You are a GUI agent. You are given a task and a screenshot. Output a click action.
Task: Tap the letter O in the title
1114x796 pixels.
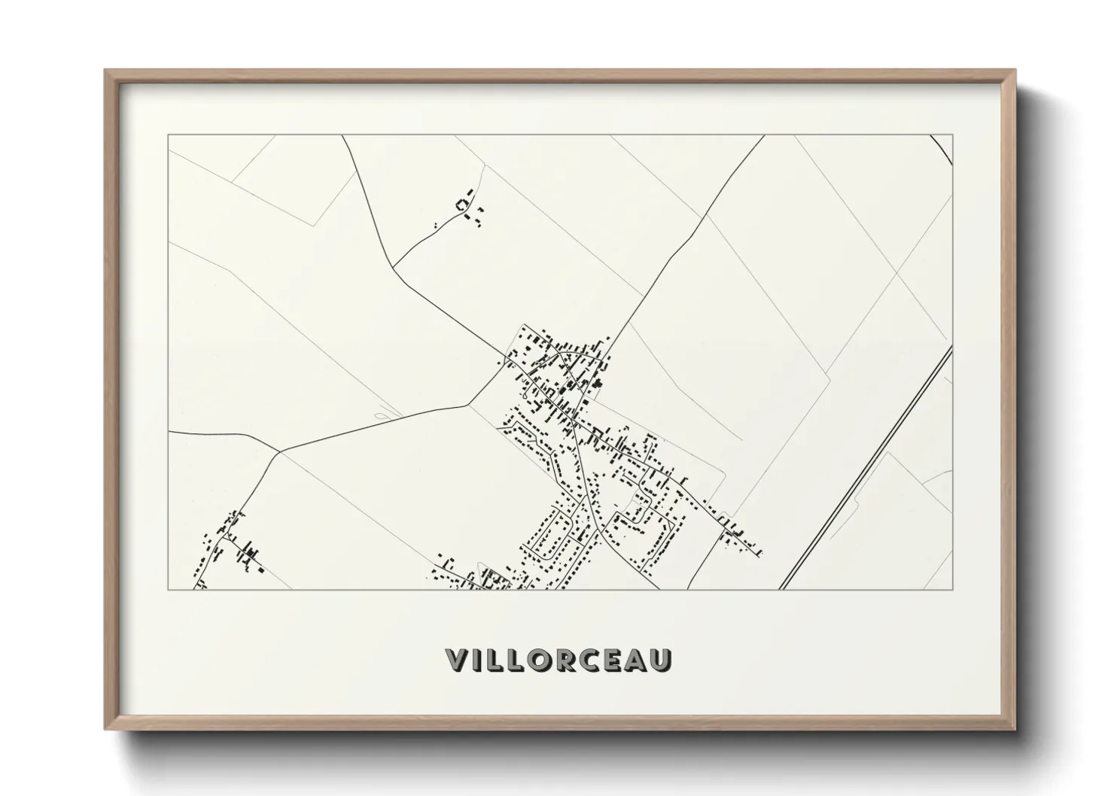click(x=539, y=661)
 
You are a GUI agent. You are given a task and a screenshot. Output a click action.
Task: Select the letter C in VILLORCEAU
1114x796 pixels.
click(x=592, y=661)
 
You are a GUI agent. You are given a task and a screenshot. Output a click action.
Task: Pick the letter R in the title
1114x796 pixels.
click(x=566, y=661)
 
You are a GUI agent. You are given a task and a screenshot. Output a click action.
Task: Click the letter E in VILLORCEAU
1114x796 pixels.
click(x=615, y=661)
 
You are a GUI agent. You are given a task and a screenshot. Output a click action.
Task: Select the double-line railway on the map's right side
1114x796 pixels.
click(x=866, y=470)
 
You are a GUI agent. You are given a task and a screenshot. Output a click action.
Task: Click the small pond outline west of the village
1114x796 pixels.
click(x=383, y=412)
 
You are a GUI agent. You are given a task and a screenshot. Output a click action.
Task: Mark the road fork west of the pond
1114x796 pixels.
click(x=280, y=451)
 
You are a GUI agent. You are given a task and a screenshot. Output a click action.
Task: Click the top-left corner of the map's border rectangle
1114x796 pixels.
click(x=168, y=135)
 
